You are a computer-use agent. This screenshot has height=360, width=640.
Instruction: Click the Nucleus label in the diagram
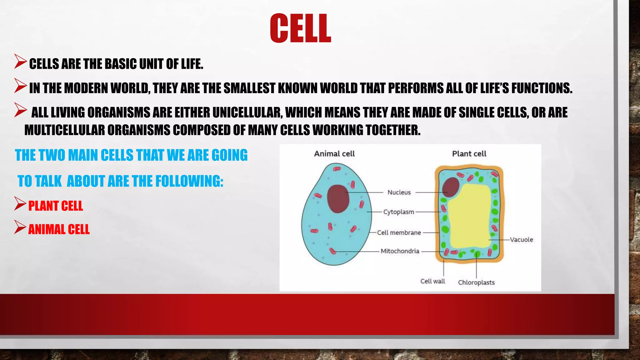(x=399, y=192)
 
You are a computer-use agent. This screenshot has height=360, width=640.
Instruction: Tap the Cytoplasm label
(x=398, y=212)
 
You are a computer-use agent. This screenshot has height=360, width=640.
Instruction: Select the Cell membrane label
(x=399, y=232)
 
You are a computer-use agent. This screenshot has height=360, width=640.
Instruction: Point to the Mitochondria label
(x=400, y=251)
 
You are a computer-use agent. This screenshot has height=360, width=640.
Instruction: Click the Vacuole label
(x=521, y=240)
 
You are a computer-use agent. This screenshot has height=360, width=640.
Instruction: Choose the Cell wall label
(x=432, y=281)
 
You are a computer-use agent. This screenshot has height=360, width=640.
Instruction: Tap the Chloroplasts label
(x=476, y=282)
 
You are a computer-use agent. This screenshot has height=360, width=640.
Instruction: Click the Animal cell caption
(x=334, y=154)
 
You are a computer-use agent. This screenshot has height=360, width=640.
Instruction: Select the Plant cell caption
(x=469, y=154)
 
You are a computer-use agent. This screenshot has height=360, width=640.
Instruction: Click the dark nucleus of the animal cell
(x=338, y=199)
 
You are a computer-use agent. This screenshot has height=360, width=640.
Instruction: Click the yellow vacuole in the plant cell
(x=469, y=216)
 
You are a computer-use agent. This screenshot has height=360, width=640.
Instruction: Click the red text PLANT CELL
(x=56, y=206)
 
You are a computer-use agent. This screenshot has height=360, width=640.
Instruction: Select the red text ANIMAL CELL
(x=59, y=229)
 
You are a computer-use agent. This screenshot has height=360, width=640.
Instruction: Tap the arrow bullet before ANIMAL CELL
(x=20, y=227)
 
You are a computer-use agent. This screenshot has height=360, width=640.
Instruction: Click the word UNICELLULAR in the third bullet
(x=247, y=112)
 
